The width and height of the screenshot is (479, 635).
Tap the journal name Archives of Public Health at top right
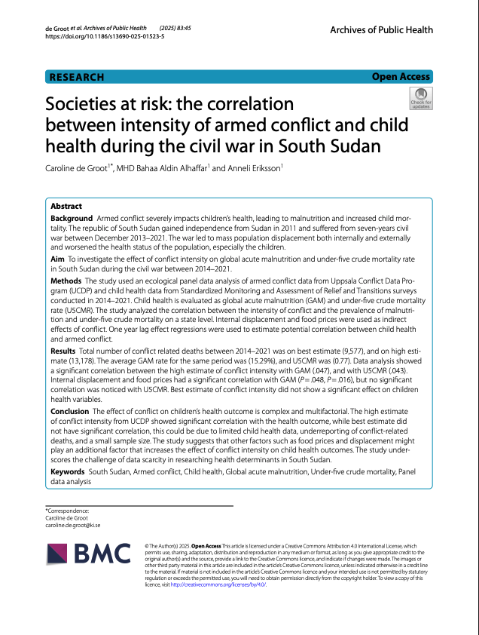(381, 29)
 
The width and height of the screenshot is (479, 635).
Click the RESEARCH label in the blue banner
(76, 77)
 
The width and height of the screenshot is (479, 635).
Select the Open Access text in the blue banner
(400, 77)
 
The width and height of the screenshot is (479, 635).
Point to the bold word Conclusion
(70, 411)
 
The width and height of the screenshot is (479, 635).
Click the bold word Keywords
(68, 471)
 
